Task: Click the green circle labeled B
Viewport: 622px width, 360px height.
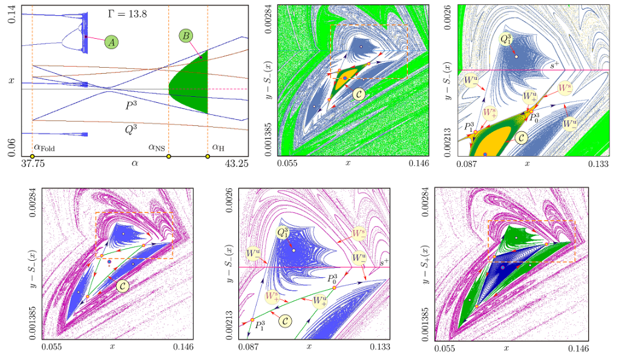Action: [x=186, y=36]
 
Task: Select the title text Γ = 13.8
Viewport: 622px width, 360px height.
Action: [x=127, y=11]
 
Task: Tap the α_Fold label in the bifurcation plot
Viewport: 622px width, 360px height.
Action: [x=45, y=146]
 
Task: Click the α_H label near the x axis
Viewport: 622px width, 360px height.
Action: [x=218, y=146]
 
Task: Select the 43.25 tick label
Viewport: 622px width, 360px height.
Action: [x=235, y=163]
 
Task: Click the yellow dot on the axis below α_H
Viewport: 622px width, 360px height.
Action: [x=208, y=157]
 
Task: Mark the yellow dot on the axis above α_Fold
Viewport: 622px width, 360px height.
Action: [x=32, y=157]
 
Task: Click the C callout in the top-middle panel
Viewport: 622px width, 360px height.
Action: [x=361, y=94]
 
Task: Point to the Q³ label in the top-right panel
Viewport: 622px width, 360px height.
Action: [x=506, y=39]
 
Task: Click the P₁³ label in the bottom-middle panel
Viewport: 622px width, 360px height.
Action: [x=260, y=327]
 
